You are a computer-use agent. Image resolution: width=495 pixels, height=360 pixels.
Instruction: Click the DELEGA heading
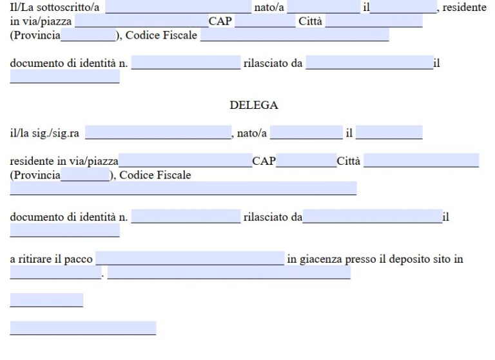click(x=253, y=105)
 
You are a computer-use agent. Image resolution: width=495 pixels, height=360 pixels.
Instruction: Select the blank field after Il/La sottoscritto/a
click(x=178, y=8)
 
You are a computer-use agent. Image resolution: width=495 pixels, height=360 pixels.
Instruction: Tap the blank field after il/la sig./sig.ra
click(x=158, y=133)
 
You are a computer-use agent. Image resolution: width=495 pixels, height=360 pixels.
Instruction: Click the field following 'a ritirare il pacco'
click(x=189, y=259)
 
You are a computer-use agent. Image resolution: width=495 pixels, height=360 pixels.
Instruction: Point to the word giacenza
click(x=321, y=260)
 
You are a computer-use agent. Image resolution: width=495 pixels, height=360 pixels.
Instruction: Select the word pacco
click(x=78, y=260)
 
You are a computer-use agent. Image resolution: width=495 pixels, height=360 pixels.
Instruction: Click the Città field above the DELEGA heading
click(x=374, y=21)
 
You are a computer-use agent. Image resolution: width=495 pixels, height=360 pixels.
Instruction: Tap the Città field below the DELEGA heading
click(x=421, y=161)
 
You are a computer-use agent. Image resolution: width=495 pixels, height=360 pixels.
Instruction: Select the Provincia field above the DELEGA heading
click(x=88, y=35)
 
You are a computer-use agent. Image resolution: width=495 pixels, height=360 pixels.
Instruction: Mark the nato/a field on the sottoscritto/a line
click(x=324, y=8)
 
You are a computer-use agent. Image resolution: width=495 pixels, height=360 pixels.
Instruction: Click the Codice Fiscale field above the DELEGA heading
click(x=295, y=35)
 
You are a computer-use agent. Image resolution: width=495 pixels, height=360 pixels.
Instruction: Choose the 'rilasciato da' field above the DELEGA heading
click(x=369, y=64)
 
